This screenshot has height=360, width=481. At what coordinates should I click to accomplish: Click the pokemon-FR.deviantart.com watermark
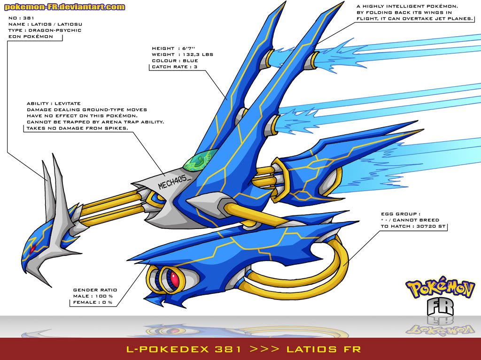tap(65, 7)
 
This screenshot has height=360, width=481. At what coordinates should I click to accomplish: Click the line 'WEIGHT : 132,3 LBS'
tap(182, 54)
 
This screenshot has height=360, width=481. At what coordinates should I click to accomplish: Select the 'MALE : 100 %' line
tap(93, 296)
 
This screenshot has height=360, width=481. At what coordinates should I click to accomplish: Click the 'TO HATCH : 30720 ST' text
tap(414, 226)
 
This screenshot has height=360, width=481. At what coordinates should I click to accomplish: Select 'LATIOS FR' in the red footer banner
tap(325, 349)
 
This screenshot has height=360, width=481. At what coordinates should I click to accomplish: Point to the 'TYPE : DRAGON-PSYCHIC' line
tap(45, 30)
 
